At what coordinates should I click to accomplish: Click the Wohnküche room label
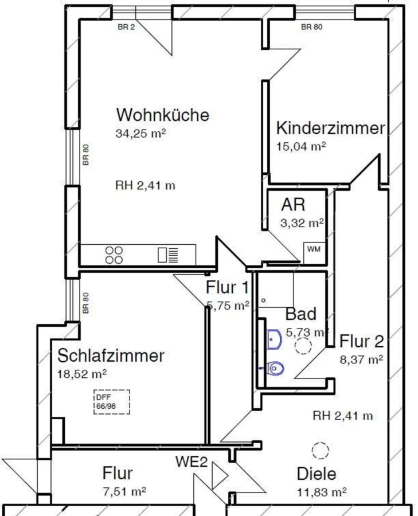[x=163, y=115]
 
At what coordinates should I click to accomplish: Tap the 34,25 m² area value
[x=140, y=133]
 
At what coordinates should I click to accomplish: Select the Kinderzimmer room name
[x=330, y=128]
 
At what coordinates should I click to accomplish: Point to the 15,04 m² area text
[x=301, y=146]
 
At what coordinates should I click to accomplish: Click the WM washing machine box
[x=314, y=253]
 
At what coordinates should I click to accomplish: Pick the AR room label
[x=293, y=204]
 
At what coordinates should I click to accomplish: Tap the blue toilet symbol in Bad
[x=272, y=369]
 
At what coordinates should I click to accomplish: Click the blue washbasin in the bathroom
[x=274, y=339]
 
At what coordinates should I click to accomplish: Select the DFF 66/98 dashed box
[x=112, y=402]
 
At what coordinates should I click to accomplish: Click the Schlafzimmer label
[x=111, y=355]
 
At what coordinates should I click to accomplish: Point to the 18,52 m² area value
[x=82, y=374]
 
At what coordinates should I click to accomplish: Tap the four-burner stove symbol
[x=114, y=255]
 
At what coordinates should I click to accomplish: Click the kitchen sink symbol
[x=168, y=255]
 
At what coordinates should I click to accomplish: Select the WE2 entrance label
[x=192, y=462]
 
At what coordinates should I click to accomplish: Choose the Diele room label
[x=317, y=474]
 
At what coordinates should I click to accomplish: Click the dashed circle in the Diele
[x=320, y=450]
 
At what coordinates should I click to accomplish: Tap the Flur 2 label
[x=361, y=341]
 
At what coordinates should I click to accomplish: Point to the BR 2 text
[x=126, y=27]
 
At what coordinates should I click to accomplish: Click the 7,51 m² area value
[x=124, y=492]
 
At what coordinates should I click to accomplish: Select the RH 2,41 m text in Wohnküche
[x=145, y=186]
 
